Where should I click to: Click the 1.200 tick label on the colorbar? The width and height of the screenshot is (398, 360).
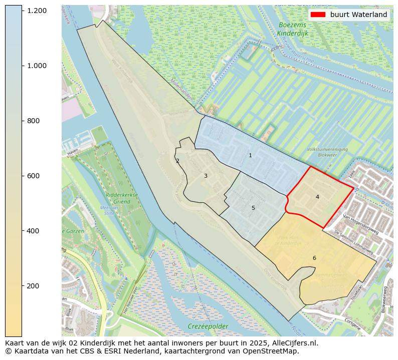pos(37,11)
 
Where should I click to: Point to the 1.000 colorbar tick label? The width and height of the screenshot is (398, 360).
pos(37,66)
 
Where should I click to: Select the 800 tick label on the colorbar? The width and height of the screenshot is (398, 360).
pos(33,121)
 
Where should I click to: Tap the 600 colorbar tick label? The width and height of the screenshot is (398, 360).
pos(33,176)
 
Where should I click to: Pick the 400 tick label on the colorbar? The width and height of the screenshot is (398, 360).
pos(33,231)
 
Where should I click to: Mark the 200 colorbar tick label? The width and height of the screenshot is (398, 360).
pos(33,286)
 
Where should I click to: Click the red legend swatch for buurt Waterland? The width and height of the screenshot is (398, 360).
pos(318,15)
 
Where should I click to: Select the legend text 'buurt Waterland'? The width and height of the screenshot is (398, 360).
pos(358,15)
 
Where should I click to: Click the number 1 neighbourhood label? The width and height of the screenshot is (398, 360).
pos(250,155)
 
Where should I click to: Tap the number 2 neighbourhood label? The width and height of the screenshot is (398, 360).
pos(177,161)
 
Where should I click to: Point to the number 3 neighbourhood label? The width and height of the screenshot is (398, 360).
pos(206,176)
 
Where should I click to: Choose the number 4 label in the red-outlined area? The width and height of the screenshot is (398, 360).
pos(317,197)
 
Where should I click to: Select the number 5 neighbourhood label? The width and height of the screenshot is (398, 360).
pos(253,208)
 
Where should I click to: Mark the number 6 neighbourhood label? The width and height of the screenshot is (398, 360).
pos(314,258)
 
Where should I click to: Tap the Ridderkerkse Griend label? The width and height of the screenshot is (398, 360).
pos(118,198)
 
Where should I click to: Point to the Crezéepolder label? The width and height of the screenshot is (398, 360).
pos(208,326)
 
